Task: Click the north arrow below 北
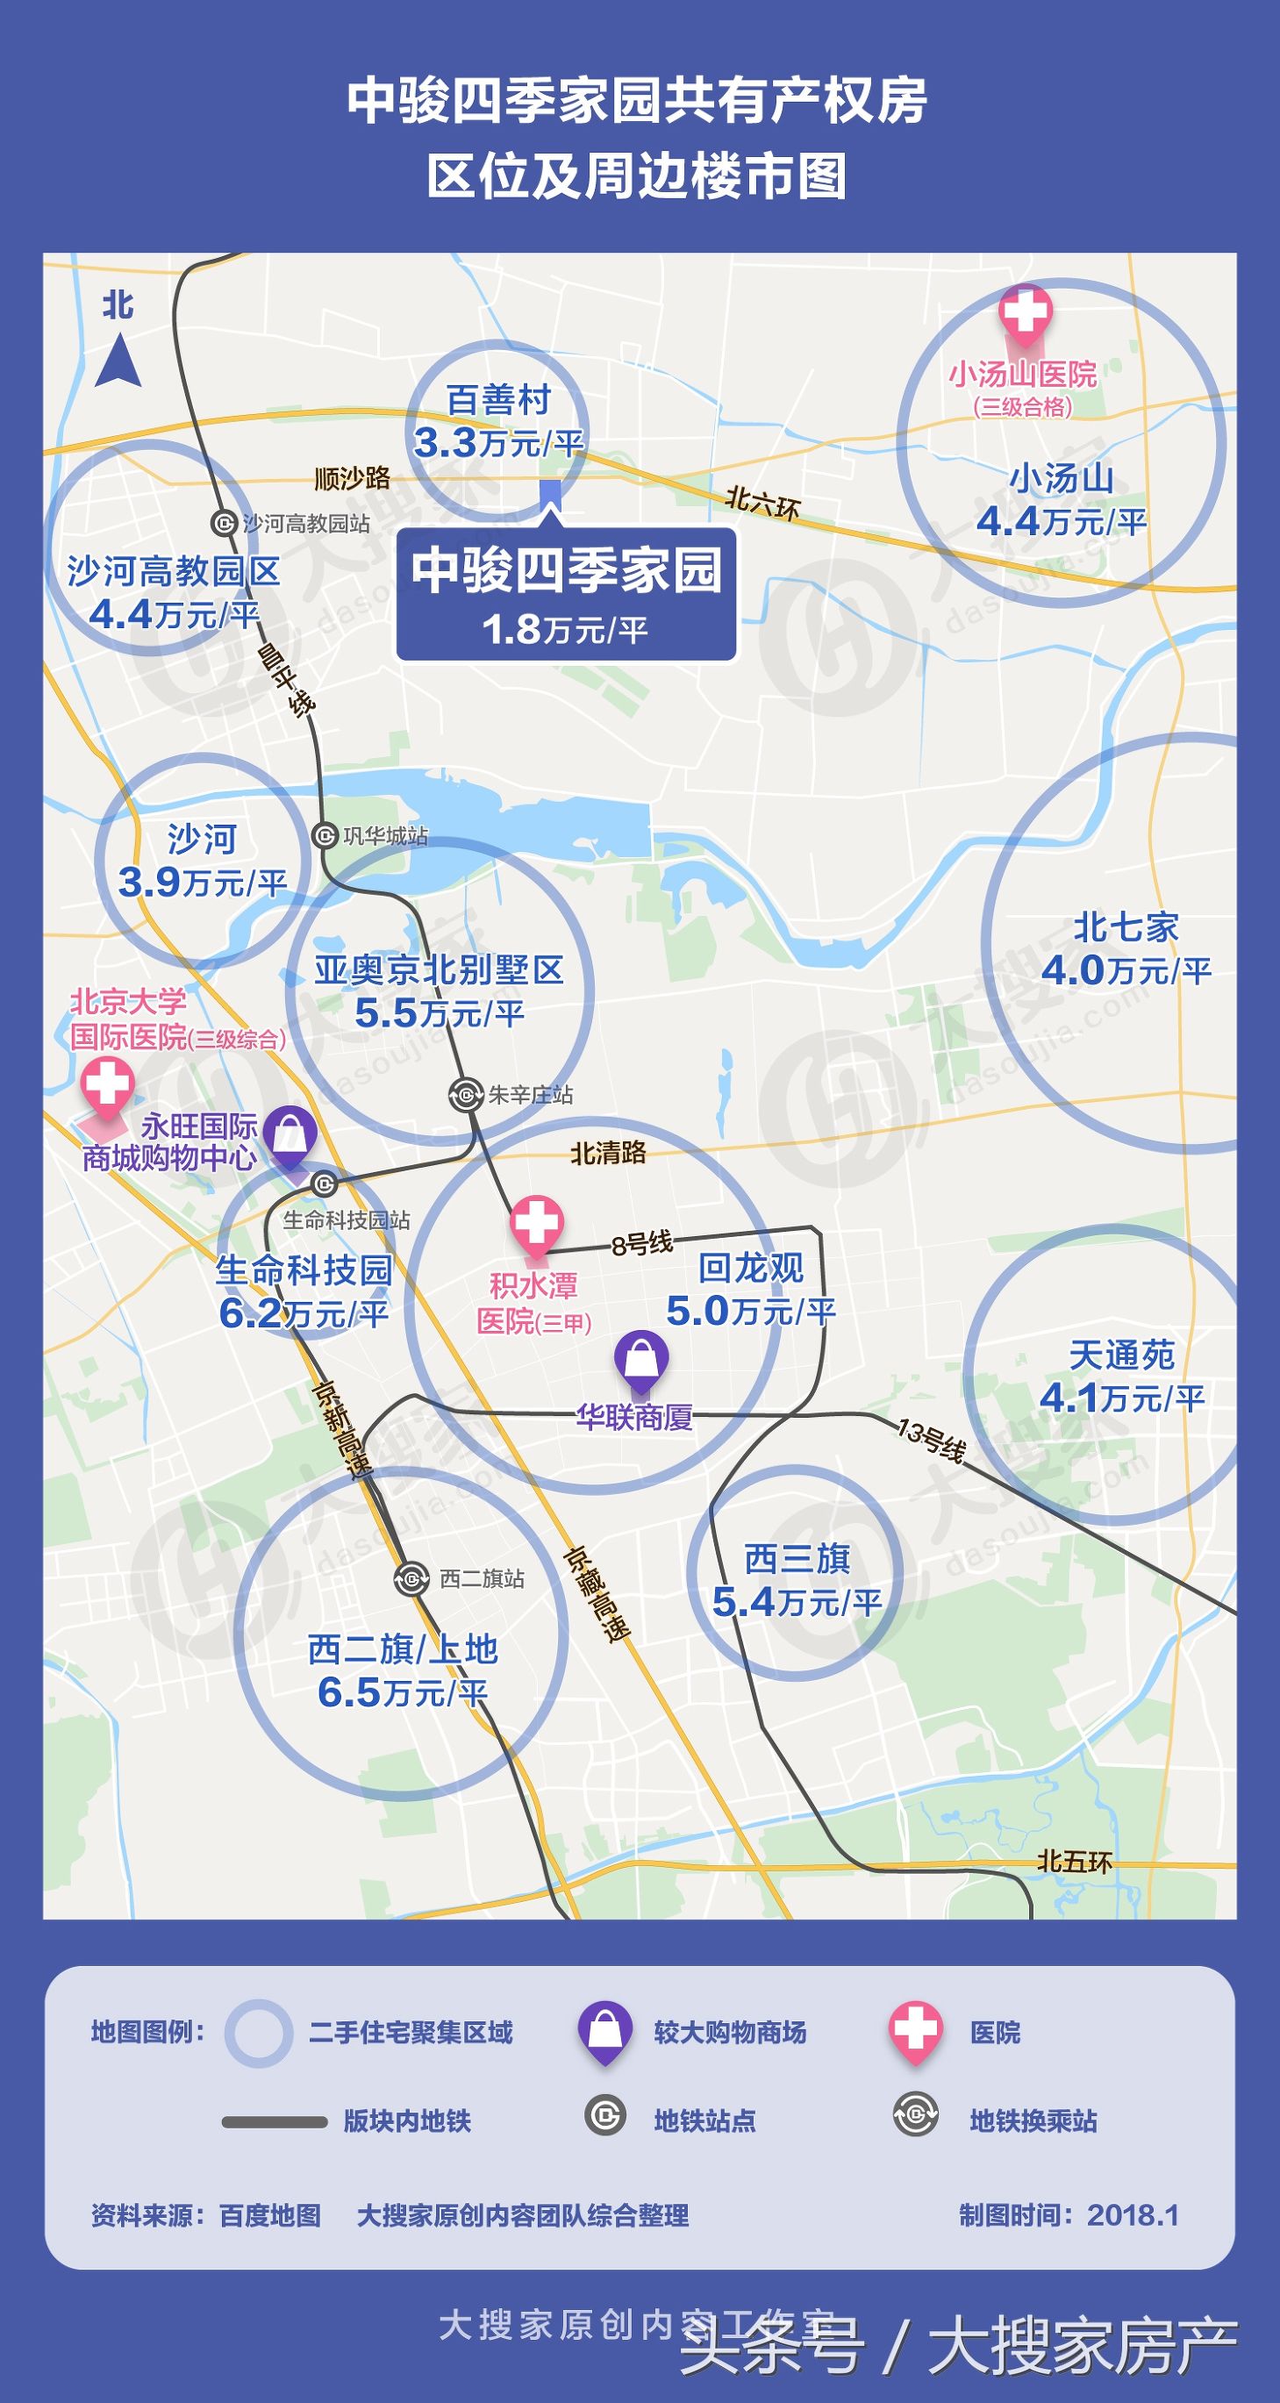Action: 118,363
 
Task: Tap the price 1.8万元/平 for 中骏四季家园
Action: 565,630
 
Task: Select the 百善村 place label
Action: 499,399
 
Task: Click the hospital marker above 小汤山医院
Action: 1026,311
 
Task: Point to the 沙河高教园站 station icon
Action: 224,523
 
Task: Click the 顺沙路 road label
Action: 353,478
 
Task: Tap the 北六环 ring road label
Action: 763,503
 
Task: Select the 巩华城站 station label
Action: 385,836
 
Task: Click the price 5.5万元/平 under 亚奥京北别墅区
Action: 440,1013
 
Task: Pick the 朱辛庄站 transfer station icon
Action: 465,1094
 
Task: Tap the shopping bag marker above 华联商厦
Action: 641,1358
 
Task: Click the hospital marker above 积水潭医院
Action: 536,1222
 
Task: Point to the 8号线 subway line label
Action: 642,1243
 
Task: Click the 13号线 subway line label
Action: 931,1440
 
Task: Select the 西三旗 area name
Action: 797,1559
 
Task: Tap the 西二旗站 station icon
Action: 411,1579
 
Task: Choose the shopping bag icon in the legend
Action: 604,2032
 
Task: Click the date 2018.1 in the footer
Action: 1133,2214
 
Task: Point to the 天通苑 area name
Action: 1121,1355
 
